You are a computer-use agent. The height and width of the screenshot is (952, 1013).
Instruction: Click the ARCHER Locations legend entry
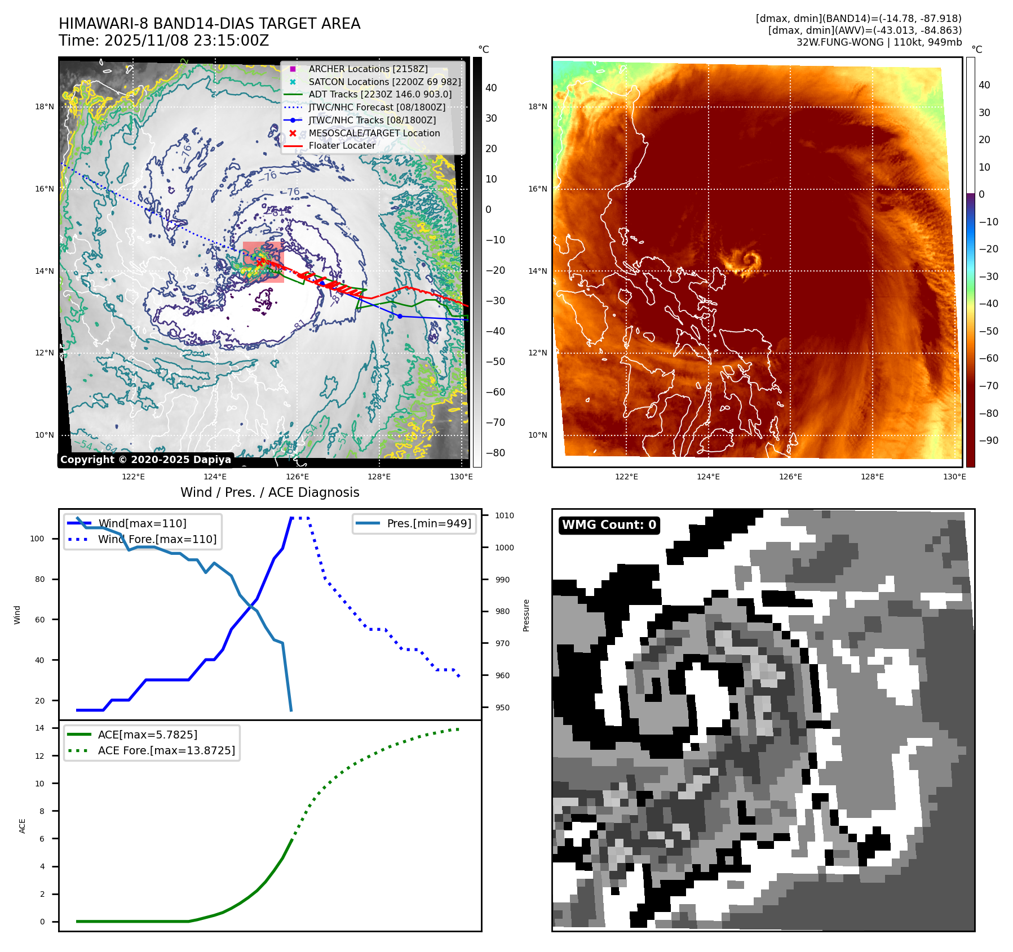point(368,69)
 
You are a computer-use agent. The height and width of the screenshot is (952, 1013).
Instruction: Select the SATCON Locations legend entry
point(384,82)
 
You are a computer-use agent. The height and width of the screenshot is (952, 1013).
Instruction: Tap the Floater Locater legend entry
point(342,145)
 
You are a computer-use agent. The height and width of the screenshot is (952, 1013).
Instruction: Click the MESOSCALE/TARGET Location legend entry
point(374,133)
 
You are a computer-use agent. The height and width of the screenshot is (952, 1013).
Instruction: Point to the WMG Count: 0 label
point(609,525)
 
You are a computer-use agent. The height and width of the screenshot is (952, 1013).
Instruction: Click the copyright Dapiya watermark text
point(145,460)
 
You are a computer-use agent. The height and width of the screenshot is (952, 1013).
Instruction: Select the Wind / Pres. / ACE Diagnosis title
point(269,492)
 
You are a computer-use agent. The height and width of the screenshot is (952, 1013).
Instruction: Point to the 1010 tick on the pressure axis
point(504,515)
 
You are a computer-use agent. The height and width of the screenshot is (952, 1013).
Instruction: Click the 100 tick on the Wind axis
point(37,539)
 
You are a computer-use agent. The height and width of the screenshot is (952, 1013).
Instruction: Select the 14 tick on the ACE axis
point(39,728)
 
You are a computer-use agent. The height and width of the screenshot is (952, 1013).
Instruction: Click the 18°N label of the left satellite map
point(45,106)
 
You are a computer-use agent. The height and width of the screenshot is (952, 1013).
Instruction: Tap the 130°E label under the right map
point(954,477)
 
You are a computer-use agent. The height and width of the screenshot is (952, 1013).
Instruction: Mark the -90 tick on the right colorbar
point(988,441)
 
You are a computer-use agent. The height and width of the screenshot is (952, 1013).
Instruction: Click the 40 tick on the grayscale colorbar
point(491,88)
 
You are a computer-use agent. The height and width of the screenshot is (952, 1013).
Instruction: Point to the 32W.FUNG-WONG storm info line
point(878,42)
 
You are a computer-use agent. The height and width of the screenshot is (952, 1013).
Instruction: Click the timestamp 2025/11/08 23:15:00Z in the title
point(186,41)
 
